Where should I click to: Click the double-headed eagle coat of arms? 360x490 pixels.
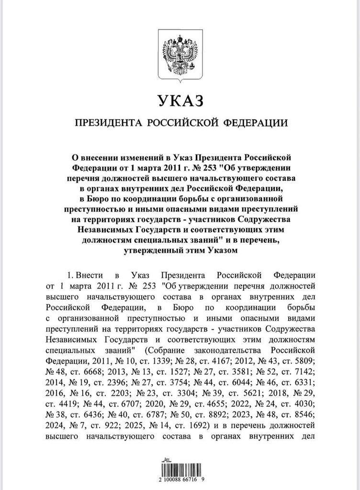tap(180, 54)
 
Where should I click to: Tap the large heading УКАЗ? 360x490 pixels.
tap(180, 101)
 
